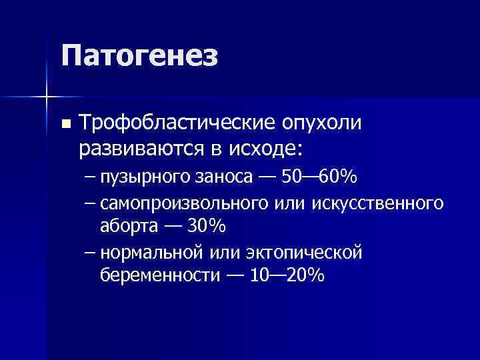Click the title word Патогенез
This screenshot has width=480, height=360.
(x=140, y=56)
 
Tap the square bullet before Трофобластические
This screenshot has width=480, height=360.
(x=65, y=124)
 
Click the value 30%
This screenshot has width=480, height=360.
(x=207, y=226)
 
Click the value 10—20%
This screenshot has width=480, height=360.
(x=287, y=275)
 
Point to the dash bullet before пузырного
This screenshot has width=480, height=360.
(x=91, y=178)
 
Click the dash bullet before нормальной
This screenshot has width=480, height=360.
(x=91, y=252)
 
